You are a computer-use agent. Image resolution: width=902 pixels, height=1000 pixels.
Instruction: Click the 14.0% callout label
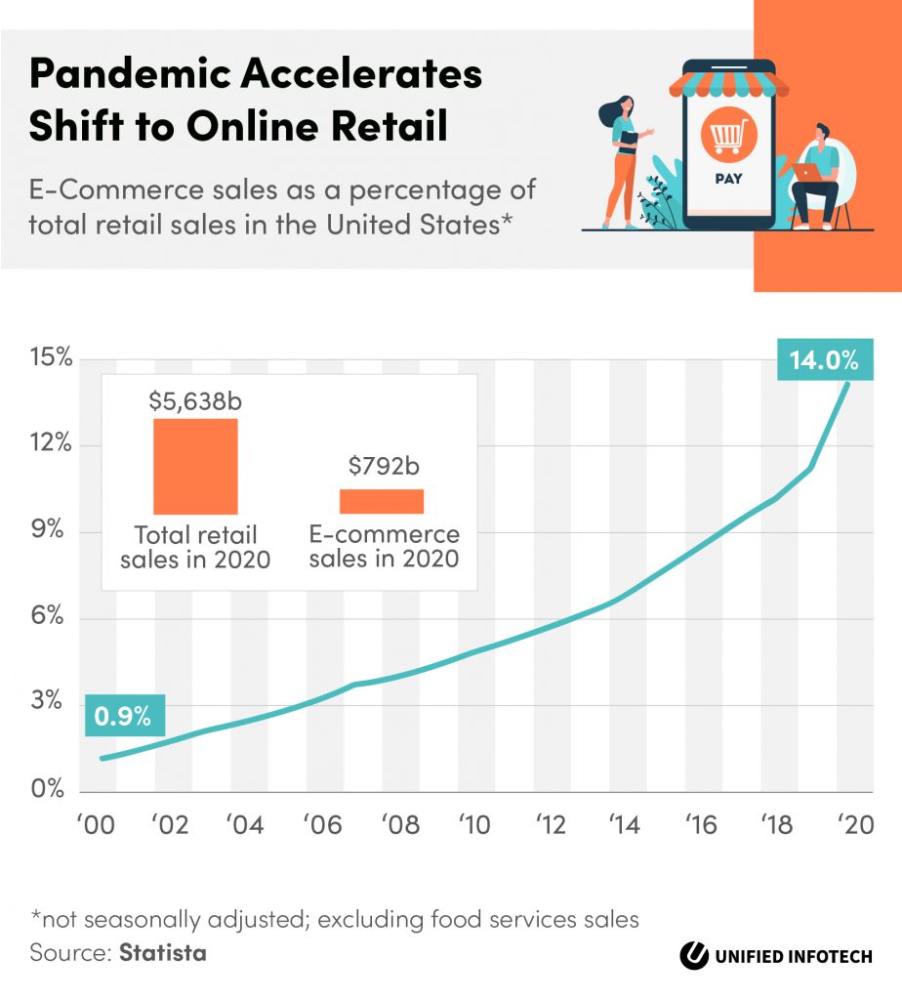coord(823,360)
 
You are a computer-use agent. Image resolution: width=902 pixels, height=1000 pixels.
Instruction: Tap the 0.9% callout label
coord(124,716)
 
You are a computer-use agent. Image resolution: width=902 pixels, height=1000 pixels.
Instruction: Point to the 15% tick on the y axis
coord(50,358)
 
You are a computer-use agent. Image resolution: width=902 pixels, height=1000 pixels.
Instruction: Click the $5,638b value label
coord(195,400)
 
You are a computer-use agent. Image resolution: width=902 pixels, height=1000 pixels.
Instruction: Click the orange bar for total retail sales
coord(195,466)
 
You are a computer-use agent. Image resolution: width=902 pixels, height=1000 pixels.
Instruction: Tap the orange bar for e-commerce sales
coord(382,500)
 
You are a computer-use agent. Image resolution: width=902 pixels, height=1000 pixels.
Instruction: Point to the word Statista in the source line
coord(163,953)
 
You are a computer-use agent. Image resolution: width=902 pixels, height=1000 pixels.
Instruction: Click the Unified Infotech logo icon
coord(695,955)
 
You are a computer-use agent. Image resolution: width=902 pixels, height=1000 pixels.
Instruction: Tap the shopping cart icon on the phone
coord(728,138)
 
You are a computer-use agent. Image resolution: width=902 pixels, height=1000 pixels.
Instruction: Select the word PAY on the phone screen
coord(728,179)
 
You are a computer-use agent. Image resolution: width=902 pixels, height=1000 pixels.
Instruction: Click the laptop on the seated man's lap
coord(807,173)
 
